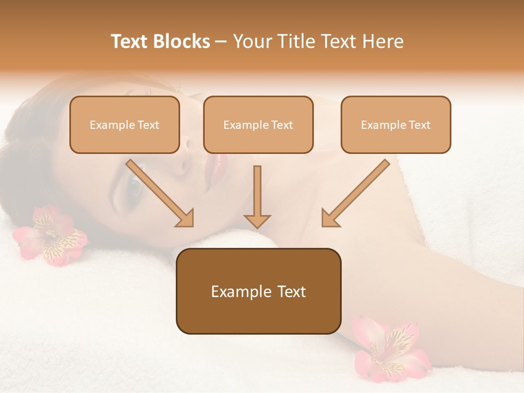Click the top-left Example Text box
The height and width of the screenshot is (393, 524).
click(124, 125)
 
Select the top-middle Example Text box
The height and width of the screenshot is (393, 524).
click(258, 125)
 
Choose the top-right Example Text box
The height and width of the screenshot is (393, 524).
click(396, 125)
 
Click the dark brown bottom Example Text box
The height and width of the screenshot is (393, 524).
click(258, 291)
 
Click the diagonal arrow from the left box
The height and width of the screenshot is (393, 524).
click(159, 193)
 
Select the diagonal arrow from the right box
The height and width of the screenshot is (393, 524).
click(356, 193)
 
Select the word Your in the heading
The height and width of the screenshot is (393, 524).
click(252, 41)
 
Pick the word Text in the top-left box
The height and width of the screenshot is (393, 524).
click(148, 125)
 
